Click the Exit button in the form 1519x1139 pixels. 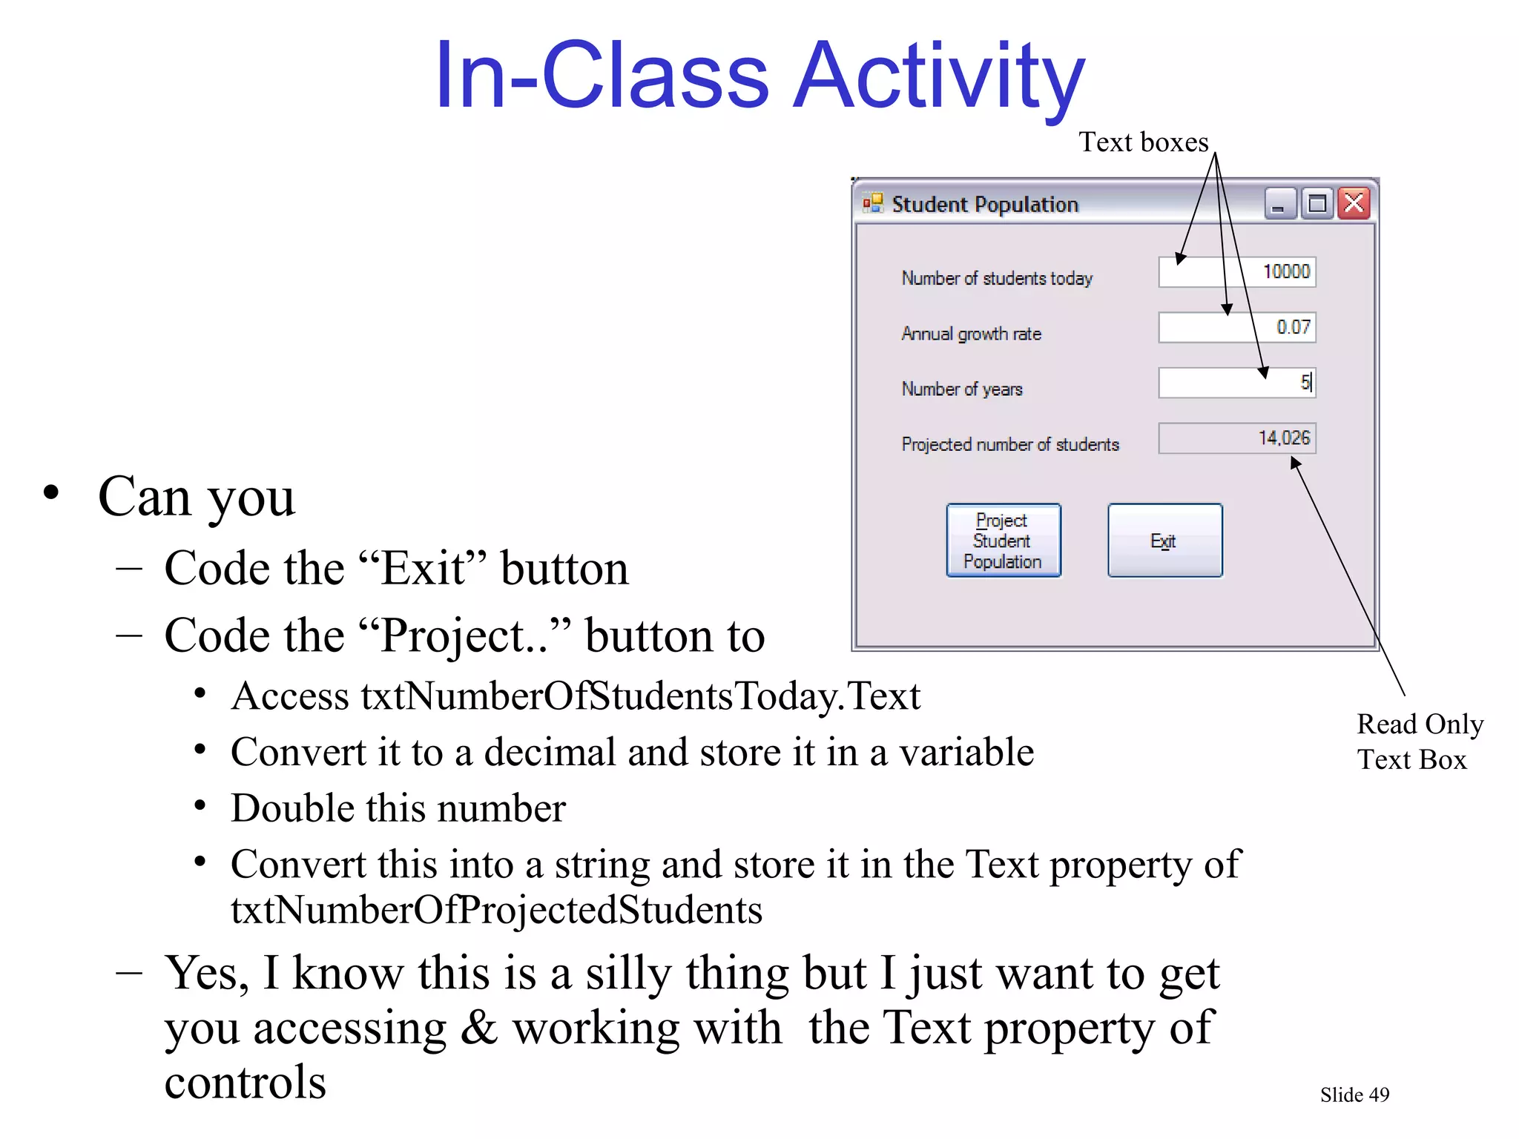1164,541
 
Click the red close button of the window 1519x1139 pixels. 1354,203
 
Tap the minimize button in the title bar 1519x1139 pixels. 1279,204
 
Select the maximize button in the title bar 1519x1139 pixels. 1317,203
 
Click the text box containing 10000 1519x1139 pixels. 1236,272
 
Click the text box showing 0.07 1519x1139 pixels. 1236,327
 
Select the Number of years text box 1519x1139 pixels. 1236,383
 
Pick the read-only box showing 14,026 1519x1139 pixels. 1236,438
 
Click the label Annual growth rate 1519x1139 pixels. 971,334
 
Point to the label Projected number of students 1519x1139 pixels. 1009,444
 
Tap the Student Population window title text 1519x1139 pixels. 984,205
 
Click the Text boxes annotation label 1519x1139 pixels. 1143,142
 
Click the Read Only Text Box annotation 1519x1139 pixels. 1418,742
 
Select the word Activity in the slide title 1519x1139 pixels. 940,77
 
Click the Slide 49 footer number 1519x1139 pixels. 1354,1095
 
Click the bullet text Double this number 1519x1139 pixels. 398,808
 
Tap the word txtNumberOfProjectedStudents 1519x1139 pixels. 496,910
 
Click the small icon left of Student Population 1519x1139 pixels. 873,203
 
